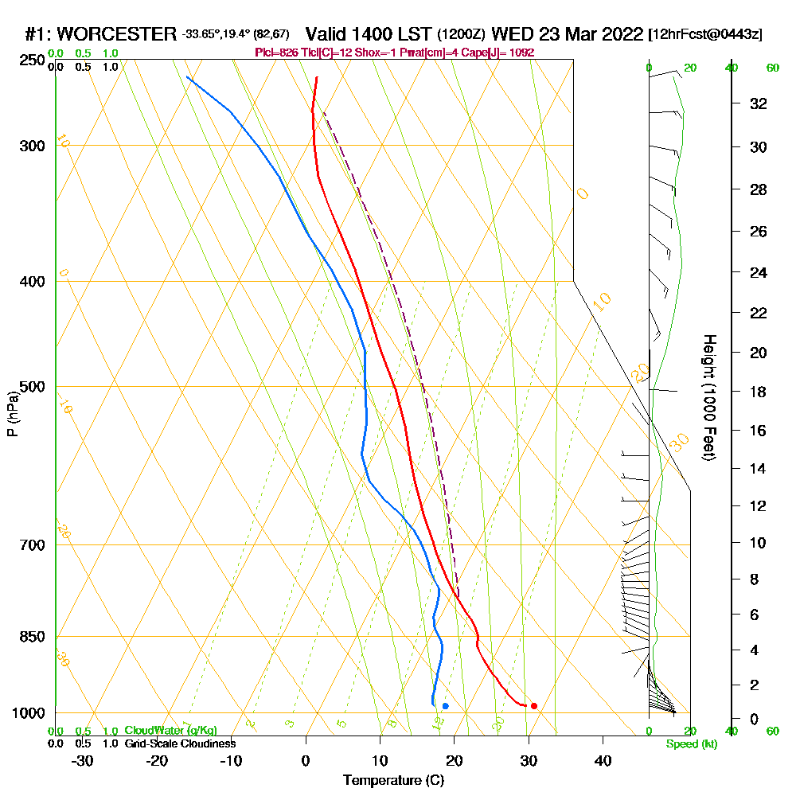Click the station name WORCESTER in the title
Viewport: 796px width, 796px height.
(117, 34)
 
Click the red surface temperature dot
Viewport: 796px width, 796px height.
(533, 706)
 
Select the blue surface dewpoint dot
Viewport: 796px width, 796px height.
(445, 706)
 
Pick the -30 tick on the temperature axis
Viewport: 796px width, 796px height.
(83, 760)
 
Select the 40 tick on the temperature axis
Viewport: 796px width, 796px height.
(603, 760)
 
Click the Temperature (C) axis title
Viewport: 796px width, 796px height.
(393, 781)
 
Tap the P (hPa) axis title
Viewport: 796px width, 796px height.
(12, 413)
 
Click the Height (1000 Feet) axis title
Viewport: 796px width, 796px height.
(708, 397)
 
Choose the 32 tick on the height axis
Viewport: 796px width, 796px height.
(759, 103)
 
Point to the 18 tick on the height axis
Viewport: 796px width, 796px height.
(759, 392)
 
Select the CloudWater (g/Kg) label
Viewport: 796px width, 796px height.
(170, 731)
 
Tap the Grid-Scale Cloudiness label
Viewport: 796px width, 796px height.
(180, 743)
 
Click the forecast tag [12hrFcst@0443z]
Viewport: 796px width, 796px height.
(705, 34)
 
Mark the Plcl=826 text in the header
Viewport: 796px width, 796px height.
(277, 53)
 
